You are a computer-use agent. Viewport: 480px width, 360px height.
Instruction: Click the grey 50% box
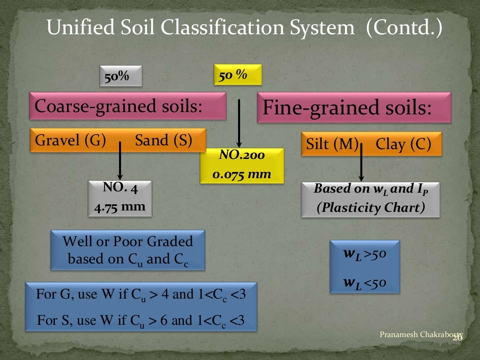point(120,76)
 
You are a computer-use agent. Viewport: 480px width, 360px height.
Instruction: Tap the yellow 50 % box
point(238,75)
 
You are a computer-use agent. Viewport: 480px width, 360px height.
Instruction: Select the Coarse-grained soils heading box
point(127,106)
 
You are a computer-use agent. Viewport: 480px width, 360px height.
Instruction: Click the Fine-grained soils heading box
point(354,108)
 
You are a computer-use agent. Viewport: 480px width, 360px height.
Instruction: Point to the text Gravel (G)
point(71,141)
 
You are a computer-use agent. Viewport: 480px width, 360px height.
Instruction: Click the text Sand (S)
point(164,141)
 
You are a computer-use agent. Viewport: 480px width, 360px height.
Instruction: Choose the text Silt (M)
point(332,144)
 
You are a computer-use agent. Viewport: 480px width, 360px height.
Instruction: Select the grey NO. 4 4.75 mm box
point(120,198)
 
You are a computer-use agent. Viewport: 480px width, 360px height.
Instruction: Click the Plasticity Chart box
point(370,199)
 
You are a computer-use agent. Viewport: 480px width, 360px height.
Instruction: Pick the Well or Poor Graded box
point(127,250)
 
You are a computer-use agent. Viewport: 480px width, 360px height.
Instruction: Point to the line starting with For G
point(141,295)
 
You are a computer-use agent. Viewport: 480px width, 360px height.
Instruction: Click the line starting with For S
point(141,321)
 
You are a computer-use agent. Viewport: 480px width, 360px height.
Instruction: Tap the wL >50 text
point(364,255)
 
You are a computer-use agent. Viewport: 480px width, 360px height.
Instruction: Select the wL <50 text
point(364,282)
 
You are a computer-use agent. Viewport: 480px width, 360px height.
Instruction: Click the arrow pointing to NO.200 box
point(239,122)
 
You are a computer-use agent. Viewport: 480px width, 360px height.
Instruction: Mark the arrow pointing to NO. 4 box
point(120,162)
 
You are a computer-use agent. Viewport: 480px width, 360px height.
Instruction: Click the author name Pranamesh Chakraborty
point(420,334)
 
